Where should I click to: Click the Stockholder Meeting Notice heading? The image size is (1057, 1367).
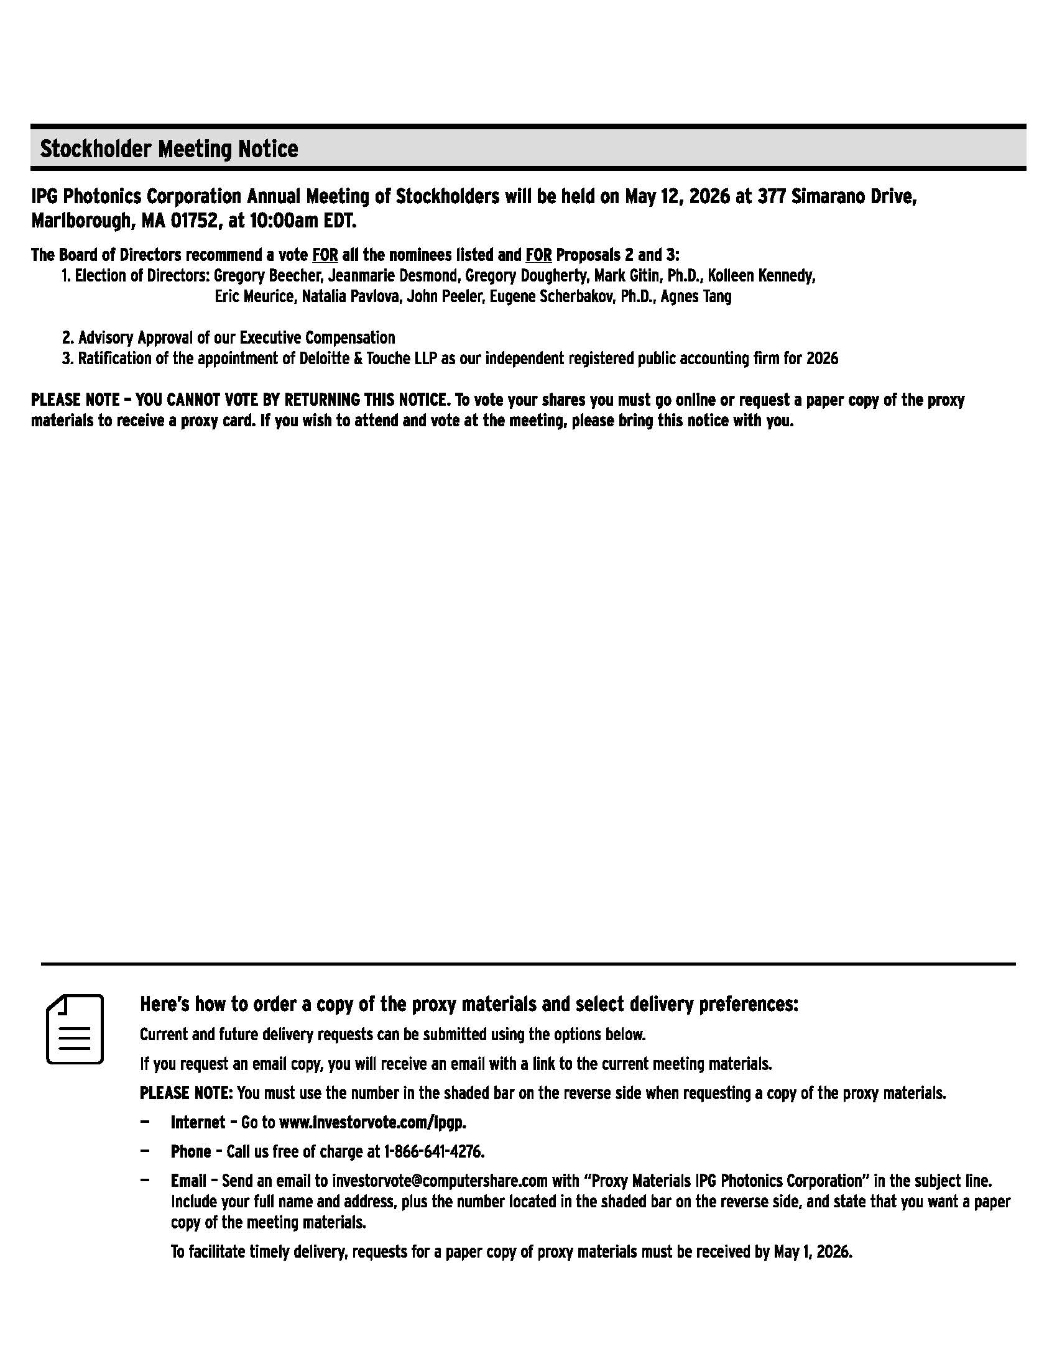[x=169, y=149]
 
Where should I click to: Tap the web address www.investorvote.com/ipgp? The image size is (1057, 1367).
[x=372, y=1122]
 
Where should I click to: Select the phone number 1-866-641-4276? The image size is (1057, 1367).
[x=433, y=1151]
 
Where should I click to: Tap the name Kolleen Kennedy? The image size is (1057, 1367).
[x=761, y=276]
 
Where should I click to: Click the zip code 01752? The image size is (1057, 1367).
[x=188, y=222]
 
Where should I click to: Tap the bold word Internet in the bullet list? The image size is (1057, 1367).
[x=197, y=1122]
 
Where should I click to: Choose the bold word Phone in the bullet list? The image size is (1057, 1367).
[x=190, y=1151]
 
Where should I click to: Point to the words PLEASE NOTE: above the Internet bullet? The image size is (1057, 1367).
[x=186, y=1094]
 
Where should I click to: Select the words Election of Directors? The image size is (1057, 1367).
[x=142, y=276]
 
